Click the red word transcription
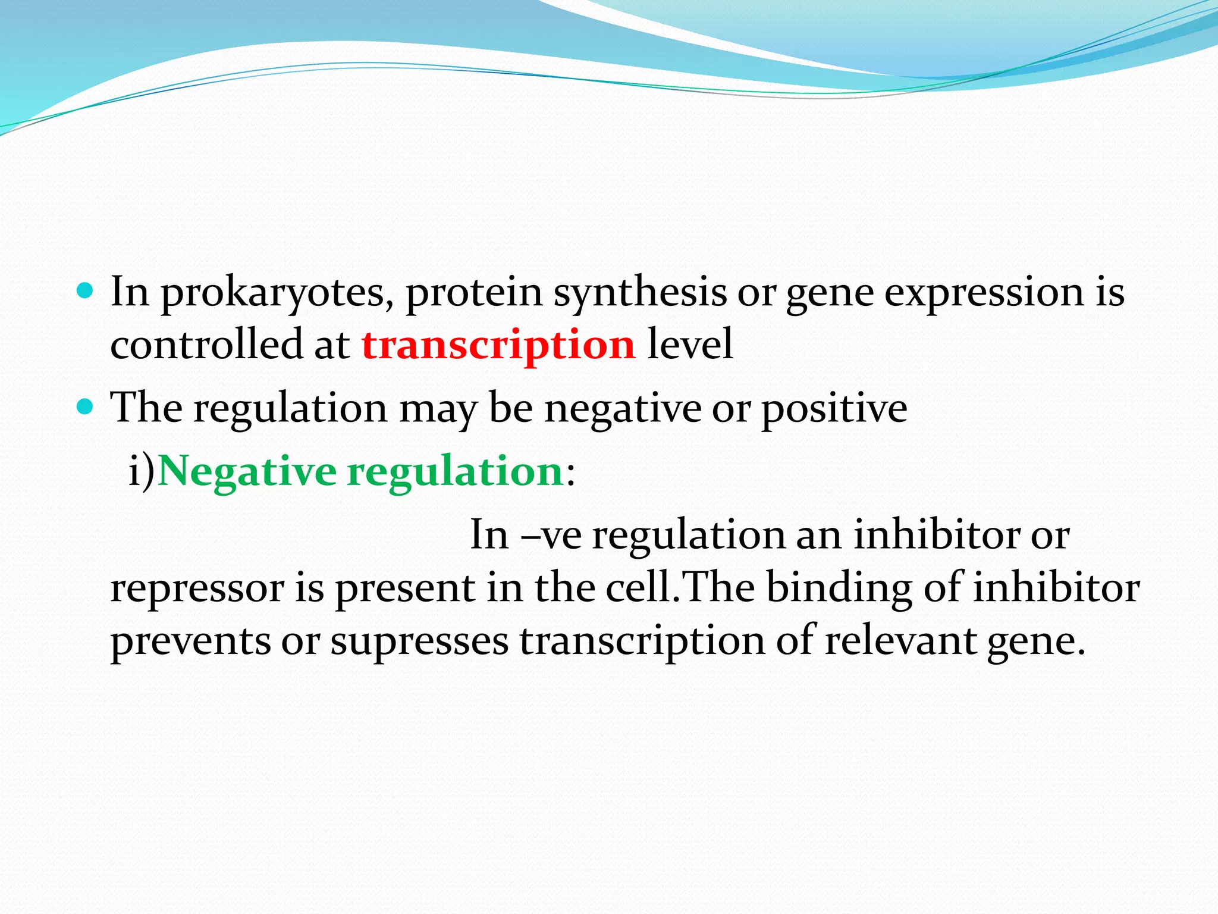(x=498, y=346)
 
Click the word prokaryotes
(x=277, y=293)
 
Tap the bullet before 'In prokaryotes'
(x=86, y=290)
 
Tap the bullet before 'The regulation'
(x=86, y=407)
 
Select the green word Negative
(x=247, y=471)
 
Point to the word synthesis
(x=640, y=293)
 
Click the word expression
(x=984, y=293)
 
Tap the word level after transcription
(x=690, y=345)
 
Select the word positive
(x=834, y=409)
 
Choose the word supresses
(x=419, y=642)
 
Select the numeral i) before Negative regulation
(x=142, y=471)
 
